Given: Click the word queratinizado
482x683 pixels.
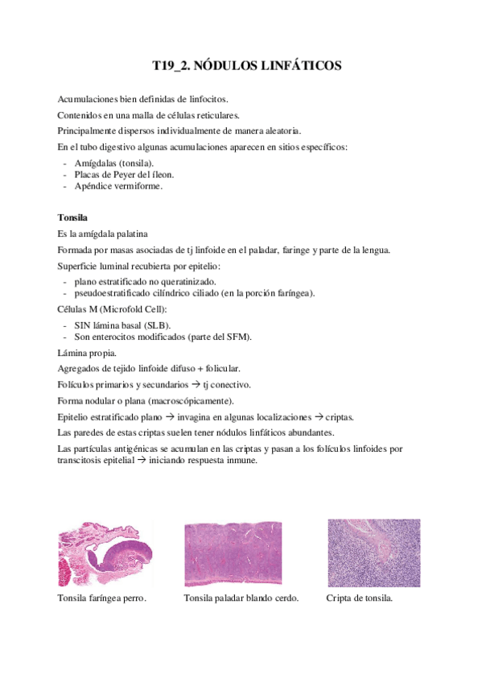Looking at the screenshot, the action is pyautogui.click(x=186, y=282).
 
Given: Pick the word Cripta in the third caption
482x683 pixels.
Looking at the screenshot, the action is pyautogui.click(x=339, y=598).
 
